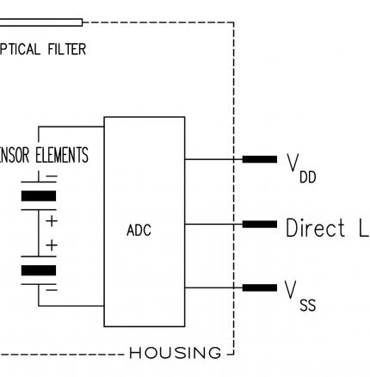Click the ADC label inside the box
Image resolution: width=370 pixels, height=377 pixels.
point(138,231)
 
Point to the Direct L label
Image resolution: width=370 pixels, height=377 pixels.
point(327,228)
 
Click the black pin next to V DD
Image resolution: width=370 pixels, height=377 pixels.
point(259,159)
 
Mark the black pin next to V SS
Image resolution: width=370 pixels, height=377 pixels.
point(259,287)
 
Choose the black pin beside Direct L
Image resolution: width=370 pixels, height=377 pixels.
point(259,224)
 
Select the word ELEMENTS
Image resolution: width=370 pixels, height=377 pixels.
point(61,157)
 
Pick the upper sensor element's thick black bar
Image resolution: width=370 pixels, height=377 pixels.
point(38,196)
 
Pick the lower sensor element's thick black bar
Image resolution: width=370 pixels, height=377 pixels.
point(38,270)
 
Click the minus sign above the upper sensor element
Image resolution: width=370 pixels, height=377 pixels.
point(51,178)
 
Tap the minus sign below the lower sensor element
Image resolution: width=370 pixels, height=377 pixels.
point(51,290)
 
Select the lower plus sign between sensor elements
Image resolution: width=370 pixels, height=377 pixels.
point(51,246)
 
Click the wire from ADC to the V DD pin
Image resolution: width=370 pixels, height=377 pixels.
point(213,159)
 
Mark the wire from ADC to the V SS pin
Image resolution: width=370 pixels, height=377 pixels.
point(213,287)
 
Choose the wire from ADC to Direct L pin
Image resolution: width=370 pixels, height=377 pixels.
point(213,224)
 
